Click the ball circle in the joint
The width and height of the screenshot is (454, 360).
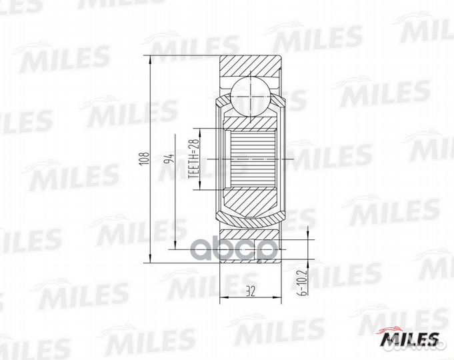point(250,95)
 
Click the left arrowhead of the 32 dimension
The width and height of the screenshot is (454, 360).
point(222,295)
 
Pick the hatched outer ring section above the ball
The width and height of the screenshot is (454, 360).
point(250,67)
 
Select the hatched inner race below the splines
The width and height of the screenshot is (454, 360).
point(251,203)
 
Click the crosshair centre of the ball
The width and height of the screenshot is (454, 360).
point(250,95)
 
